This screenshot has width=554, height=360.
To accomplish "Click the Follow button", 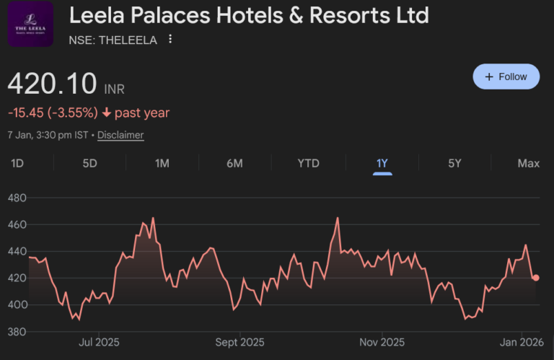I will point(506,76).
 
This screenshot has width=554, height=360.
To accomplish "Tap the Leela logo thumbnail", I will point(30,25).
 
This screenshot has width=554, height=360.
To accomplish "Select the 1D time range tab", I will point(17,163).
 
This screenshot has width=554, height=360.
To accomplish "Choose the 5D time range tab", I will point(89,163).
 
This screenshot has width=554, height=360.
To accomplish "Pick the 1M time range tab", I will point(162,163).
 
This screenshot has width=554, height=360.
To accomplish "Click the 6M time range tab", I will point(234,163).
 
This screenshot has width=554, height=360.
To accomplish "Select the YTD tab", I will point(308,163).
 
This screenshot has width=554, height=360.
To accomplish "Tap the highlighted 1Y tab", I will point(382,163).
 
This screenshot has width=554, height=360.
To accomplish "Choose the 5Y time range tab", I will point(454,163).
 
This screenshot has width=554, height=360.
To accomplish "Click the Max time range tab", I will point(528,163).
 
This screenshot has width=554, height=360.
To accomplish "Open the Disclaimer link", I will point(120,135).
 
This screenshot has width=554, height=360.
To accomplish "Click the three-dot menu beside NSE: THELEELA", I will point(170,40).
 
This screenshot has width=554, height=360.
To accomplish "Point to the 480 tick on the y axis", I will point(17,198).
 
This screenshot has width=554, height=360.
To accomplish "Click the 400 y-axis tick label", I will point(17,305).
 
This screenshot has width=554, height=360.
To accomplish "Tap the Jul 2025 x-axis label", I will point(99,342).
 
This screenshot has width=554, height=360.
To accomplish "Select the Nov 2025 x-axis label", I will point(382,342).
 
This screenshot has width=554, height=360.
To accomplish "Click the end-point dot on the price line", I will point(535,278).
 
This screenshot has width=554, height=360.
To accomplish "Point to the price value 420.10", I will point(52,84).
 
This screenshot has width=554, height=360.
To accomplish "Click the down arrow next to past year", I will point(107,113).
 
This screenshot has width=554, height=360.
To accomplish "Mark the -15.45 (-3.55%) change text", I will point(53,113).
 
